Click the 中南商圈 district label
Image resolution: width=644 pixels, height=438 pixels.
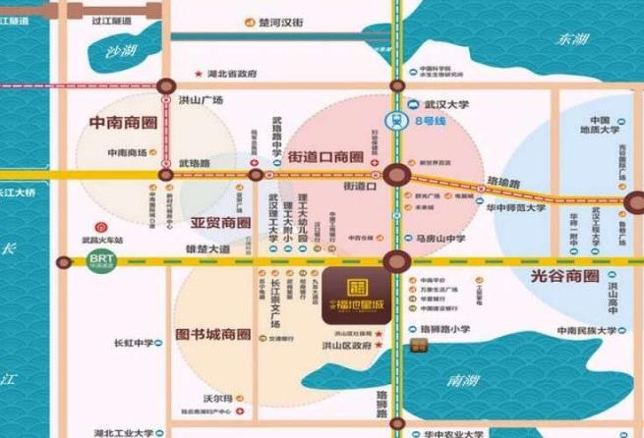click(122, 125)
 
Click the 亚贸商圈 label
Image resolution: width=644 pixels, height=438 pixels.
click(221, 223)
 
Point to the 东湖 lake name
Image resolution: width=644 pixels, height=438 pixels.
click(572, 39)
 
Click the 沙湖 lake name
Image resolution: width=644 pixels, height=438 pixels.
click(123, 51)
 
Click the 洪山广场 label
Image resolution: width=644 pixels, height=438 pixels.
click(202, 100)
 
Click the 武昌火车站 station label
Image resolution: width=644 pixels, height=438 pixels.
click(103, 240)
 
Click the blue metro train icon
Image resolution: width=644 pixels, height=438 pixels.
click(398, 121)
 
